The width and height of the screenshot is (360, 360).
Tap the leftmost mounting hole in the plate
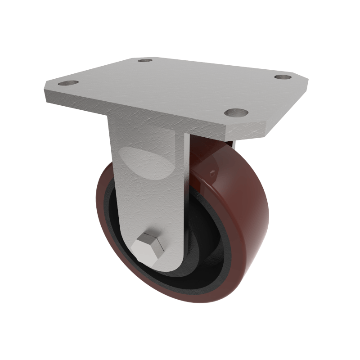(x=68, y=83)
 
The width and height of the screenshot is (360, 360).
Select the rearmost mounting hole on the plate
(x=145, y=60)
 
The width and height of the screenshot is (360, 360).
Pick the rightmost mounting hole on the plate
(x=283, y=77)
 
